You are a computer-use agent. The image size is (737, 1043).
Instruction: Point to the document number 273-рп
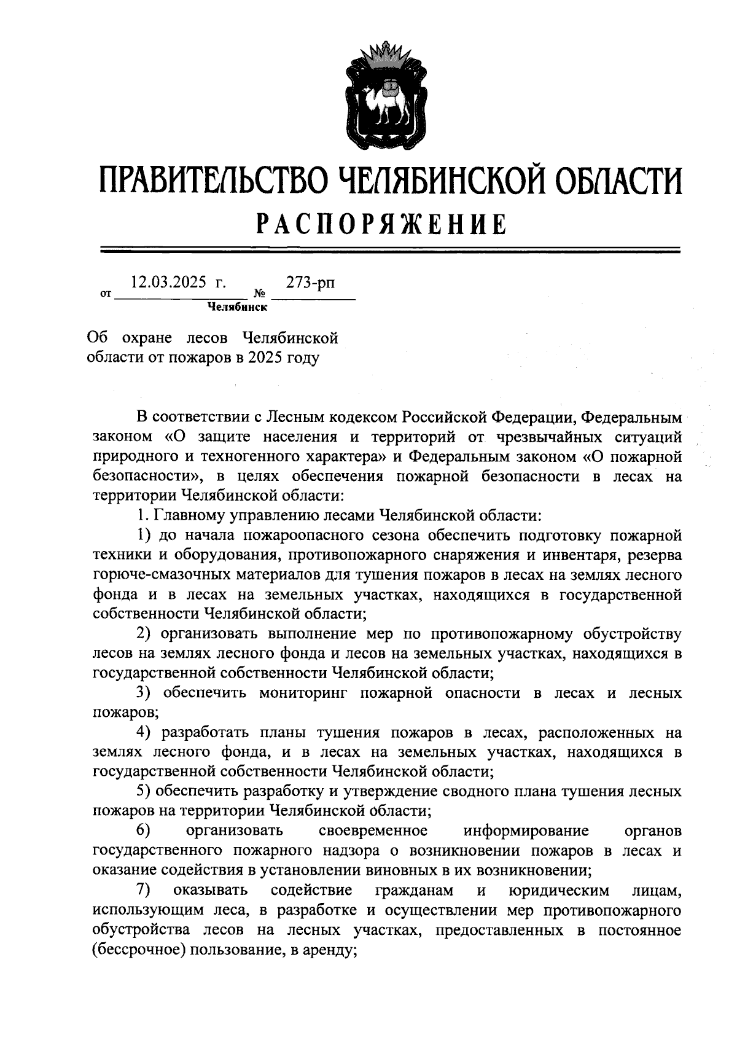click(311, 283)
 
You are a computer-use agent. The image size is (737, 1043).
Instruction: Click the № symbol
click(259, 295)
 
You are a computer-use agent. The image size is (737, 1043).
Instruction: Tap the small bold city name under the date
click(236, 307)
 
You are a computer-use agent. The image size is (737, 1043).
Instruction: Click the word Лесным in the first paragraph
click(296, 417)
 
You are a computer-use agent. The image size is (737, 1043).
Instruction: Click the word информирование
click(526, 831)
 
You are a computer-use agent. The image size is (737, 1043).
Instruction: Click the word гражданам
click(415, 890)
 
